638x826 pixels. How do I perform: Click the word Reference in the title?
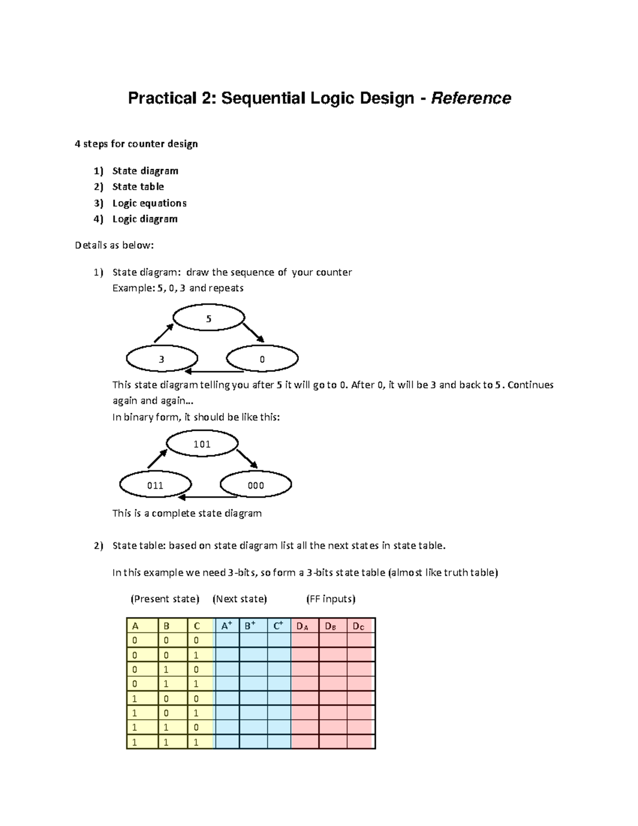tap(471, 98)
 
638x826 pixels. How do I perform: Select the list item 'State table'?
tap(138, 187)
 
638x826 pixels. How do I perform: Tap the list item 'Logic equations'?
tap(149, 203)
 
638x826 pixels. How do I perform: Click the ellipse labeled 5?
tap(208, 319)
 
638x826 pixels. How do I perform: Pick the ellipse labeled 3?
tap(162, 359)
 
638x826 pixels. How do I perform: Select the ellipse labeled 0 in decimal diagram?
tap(262, 359)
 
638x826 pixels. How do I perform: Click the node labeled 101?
tap(202, 444)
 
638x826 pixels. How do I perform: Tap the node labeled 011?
tap(155, 485)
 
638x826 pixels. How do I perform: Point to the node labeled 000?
tap(256, 485)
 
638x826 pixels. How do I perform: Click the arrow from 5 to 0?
tap(254, 332)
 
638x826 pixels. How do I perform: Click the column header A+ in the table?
tap(226, 626)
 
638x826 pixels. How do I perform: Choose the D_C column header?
tap(359, 626)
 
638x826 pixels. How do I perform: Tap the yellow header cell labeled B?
tap(167, 626)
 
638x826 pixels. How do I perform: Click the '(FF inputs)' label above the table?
tap(331, 599)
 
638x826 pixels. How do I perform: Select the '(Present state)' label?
tap(165, 599)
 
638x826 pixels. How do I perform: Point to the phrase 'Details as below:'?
tap(114, 245)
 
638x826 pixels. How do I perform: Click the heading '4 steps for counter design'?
tap(136, 144)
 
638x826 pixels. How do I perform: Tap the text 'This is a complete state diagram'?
tap(187, 513)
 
